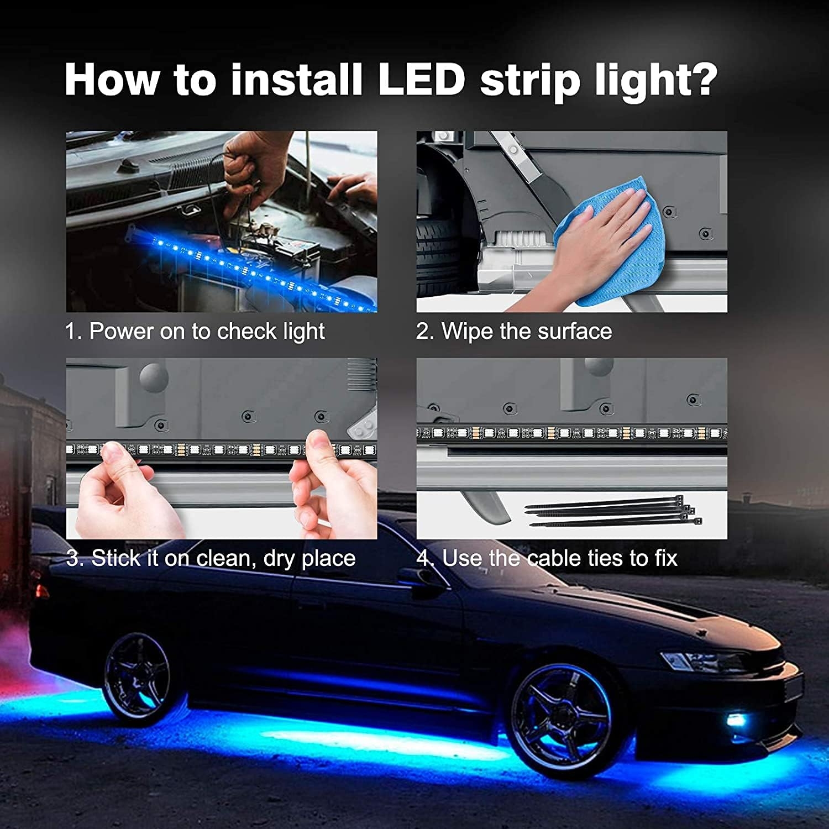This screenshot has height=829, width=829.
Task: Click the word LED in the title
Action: tap(421, 80)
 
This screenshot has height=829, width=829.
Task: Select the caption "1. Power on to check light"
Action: tap(195, 332)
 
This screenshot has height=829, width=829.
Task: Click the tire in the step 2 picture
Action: tap(439, 260)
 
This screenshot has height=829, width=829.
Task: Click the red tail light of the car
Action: tap(41, 591)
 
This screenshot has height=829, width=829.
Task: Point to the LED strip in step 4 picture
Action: tap(571, 433)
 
